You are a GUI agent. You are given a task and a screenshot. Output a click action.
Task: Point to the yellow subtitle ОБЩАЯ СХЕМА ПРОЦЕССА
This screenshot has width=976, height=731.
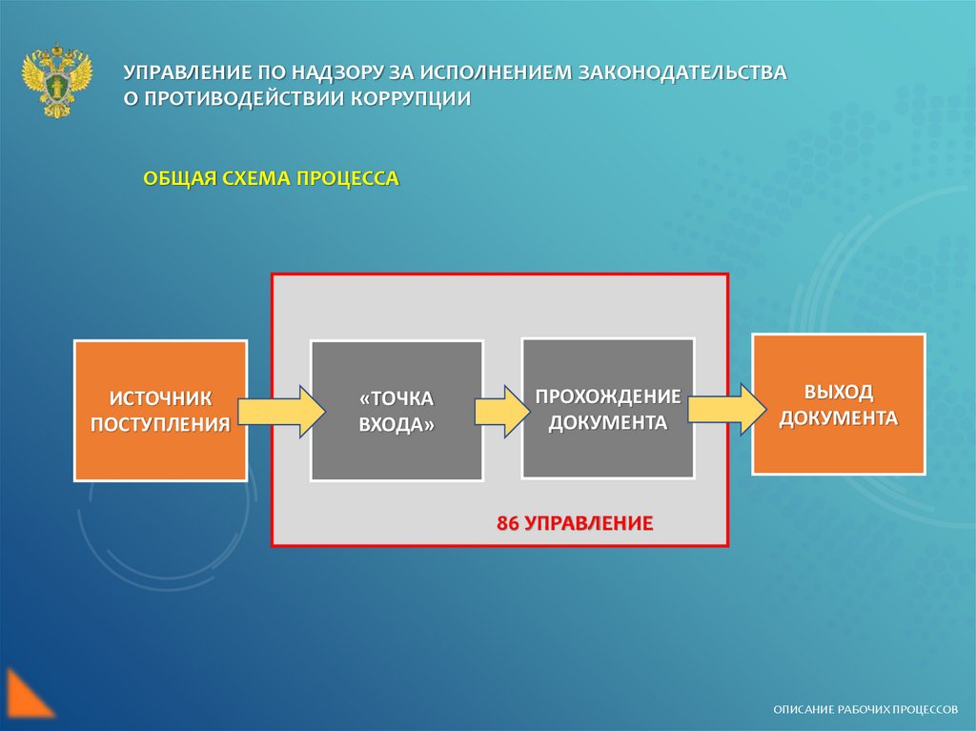pyautogui.click(x=271, y=178)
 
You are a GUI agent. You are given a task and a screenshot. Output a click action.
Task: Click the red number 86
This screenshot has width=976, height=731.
pyautogui.click(x=507, y=523)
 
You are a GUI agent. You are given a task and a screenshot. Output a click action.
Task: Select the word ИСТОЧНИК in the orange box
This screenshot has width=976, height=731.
pyautogui.click(x=160, y=397)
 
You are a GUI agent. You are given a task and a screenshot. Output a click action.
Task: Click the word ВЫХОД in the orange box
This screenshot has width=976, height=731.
pyautogui.click(x=839, y=392)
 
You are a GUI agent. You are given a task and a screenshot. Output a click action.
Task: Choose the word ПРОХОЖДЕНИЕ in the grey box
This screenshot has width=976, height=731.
pyautogui.click(x=607, y=396)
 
